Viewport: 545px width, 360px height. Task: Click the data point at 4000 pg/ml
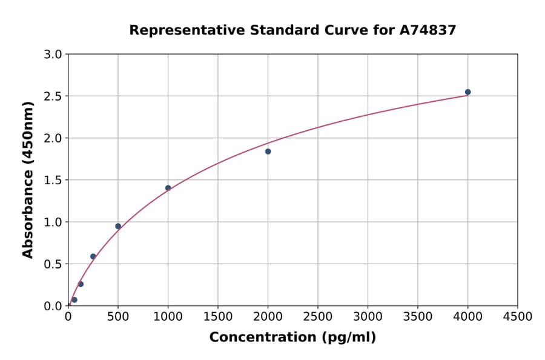467,92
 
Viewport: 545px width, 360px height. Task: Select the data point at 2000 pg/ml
268,152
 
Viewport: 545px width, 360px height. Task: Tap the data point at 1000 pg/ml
168,188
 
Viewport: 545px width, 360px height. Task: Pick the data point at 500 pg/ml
118,226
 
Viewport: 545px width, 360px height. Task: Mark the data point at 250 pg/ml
93,256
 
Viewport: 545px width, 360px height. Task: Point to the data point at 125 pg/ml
81,284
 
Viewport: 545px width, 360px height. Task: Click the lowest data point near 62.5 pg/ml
74,300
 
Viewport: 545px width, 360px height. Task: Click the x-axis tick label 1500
218,316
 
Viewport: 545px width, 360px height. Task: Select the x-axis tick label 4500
517,316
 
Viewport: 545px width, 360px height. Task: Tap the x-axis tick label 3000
368,316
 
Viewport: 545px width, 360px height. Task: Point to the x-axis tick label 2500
317,316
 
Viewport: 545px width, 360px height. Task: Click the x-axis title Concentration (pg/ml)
292,338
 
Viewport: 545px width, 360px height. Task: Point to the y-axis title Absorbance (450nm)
28,179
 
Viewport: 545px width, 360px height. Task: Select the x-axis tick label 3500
417,316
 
